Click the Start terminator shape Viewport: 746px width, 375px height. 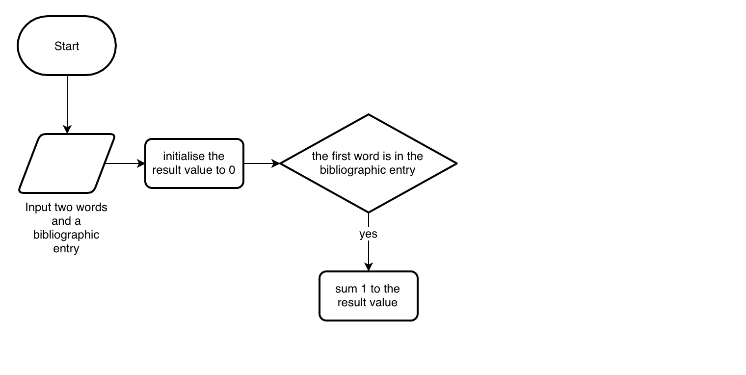coord(67,46)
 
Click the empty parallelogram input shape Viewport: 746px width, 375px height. coord(67,163)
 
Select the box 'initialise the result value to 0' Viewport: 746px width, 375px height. coord(194,163)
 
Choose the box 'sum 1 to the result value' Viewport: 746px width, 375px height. coord(368,296)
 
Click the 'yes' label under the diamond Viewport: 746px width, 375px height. coord(368,234)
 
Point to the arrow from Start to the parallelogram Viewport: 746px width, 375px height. coord(67,103)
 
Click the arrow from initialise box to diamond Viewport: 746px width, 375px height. coord(261,163)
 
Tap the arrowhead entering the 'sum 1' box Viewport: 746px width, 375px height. coord(368,267)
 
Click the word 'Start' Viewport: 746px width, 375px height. coord(67,46)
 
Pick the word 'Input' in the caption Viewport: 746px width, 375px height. coord(38,207)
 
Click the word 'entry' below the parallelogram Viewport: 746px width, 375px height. coord(66,248)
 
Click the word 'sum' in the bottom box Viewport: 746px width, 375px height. coord(345,289)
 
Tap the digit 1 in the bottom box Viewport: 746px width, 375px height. coord(364,289)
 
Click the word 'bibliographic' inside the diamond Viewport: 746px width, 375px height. coord(349,170)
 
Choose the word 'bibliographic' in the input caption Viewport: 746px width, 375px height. coord(66,235)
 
